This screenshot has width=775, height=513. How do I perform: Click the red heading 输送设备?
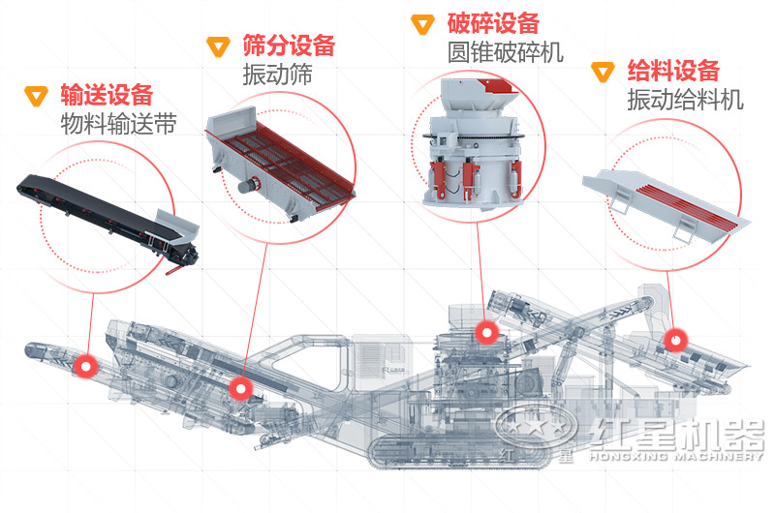click(x=107, y=95)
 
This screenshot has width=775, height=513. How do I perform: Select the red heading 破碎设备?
click(x=493, y=23)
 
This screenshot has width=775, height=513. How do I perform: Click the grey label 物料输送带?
click(x=118, y=124)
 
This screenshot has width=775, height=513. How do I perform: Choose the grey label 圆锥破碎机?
click(x=505, y=52)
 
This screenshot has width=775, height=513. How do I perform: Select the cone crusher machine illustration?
click(x=472, y=145)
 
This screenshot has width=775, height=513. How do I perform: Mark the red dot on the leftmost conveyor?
click(x=88, y=366)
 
